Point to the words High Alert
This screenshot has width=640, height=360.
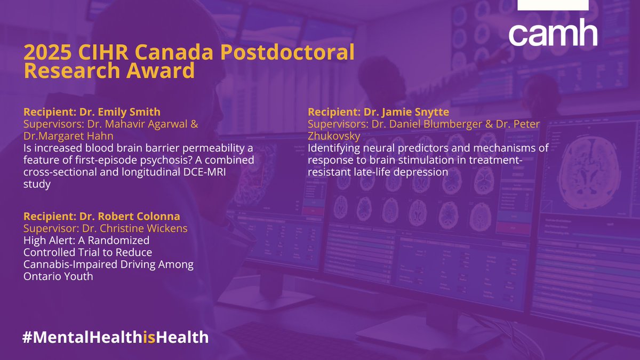pyautogui.click(x=47, y=241)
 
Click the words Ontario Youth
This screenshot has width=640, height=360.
pyautogui.click(x=59, y=277)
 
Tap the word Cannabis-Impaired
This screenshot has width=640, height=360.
pyautogui.click(x=67, y=265)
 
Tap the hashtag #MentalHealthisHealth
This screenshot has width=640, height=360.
pyautogui.click(x=115, y=337)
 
